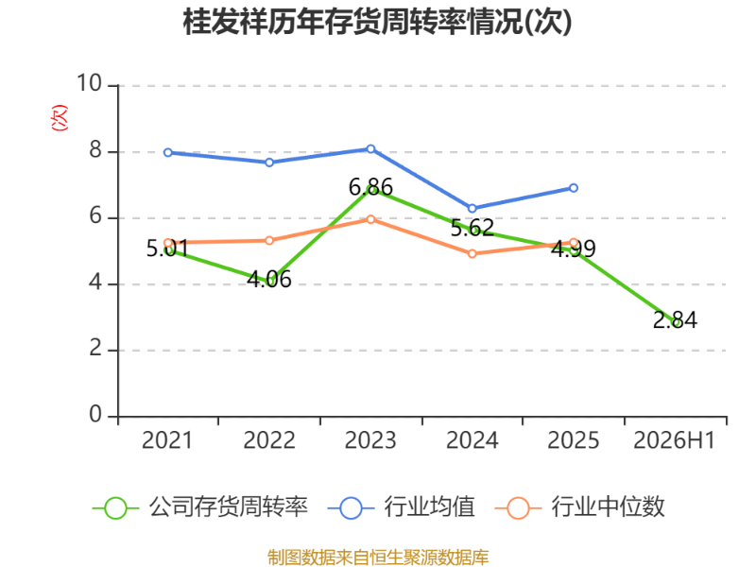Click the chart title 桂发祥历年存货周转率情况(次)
point(377,22)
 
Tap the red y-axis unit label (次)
point(60,117)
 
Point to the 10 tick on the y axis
point(89,83)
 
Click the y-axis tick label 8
point(95,150)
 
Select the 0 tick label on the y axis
point(95,415)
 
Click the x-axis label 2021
point(167,440)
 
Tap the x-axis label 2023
point(370,440)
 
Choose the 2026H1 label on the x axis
point(674,440)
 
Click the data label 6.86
point(370,186)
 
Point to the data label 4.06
point(269,280)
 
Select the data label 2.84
point(675,320)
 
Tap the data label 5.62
point(472,228)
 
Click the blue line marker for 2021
point(168,152)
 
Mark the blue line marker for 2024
point(472,208)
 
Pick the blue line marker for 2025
point(574,188)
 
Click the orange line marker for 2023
point(370,219)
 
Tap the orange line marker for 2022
point(269,240)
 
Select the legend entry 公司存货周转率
point(199,507)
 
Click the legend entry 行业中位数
point(580,507)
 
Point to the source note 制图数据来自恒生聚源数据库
point(378,558)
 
